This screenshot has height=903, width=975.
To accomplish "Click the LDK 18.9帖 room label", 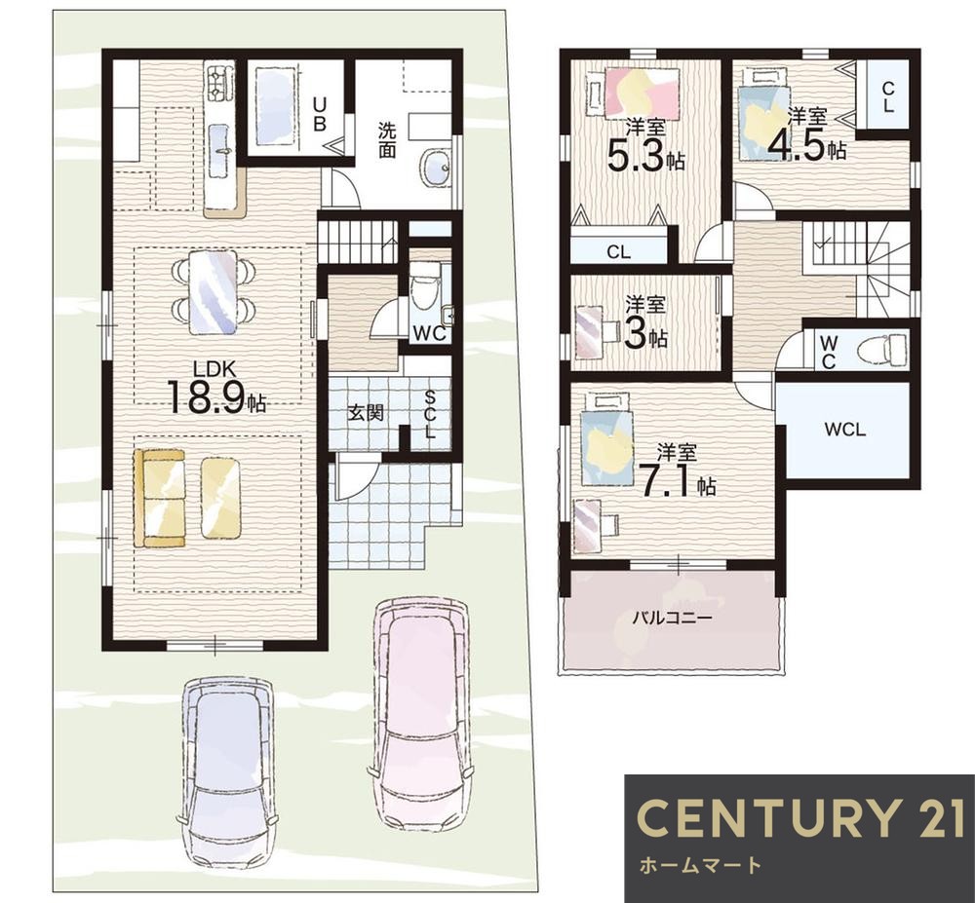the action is [x=216, y=388].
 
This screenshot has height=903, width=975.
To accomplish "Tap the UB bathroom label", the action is [x=319, y=112].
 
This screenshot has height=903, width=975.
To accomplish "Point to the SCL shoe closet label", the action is [x=430, y=415].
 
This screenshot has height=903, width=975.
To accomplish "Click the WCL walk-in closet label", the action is [x=845, y=430].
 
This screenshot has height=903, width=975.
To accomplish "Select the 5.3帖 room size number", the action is [x=646, y=157].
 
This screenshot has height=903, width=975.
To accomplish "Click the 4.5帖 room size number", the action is [x=806, y=146].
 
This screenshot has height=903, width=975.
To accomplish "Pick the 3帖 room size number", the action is [x=645, y=335].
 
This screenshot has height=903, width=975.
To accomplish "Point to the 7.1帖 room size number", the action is [x=679, y=482].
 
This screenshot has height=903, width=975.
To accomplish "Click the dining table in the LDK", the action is [x=214, y=291].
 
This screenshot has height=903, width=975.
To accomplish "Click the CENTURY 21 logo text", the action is [x=800, y=817].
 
